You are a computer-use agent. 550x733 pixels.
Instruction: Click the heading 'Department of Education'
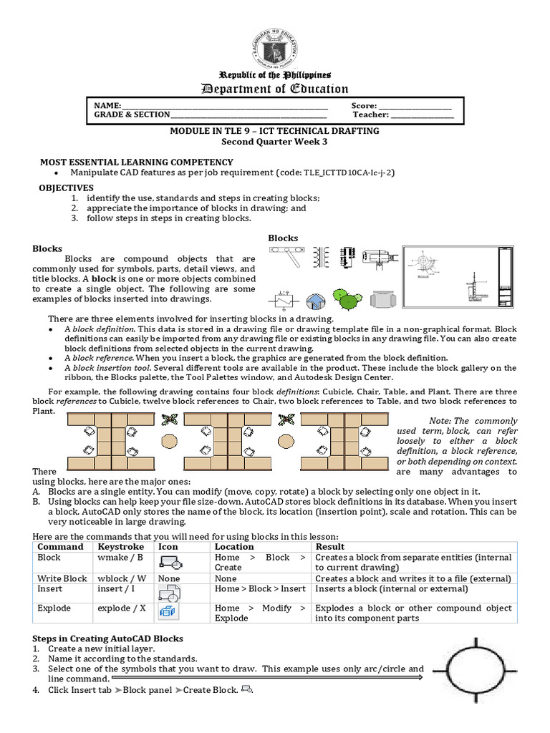(275, 89)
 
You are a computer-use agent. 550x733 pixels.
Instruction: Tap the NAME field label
(107, 105)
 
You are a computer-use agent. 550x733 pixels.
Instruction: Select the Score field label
(364, 105)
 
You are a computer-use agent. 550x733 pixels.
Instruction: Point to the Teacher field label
(370, 115)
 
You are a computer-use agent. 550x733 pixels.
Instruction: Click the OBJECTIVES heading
(66, 188)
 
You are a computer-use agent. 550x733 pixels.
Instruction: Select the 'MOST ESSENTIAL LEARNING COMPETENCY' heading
(136, 162)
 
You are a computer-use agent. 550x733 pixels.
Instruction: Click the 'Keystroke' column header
(120, 547)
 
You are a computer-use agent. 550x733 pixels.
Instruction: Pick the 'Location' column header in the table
(234, 547)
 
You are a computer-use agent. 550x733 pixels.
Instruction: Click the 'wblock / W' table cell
(122, 578)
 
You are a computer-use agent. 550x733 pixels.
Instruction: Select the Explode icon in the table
(168, 611)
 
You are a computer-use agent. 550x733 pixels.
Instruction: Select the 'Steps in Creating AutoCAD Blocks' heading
(107, 639)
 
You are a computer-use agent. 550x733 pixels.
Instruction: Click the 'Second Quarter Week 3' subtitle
(275, 142)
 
